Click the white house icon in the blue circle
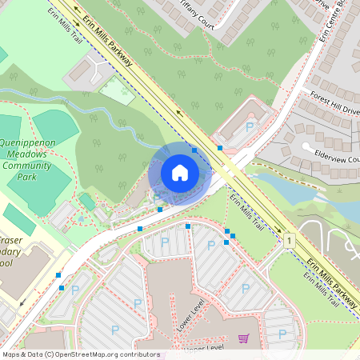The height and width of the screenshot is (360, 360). click(x=180, y=173)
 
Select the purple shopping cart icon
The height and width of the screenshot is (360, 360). click(x=243, y=338)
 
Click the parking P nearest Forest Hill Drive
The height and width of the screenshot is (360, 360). click(x=250, y=127)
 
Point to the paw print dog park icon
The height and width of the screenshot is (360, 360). click(x=80, y=218)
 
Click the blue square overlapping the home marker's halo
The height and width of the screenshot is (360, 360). click(x=194, y=149)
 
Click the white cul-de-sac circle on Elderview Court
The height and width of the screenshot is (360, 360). click(x=306, y=147)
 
